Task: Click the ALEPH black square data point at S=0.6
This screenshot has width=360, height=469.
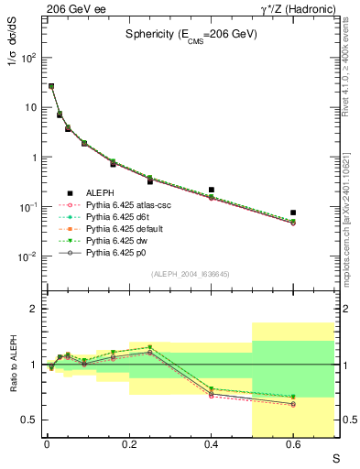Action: pos(293,213)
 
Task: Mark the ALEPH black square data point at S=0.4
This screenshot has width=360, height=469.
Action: pos(211,190)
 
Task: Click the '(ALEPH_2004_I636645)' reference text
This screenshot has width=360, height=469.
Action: pos(190,275)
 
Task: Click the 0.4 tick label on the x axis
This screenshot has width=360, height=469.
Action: pos(211,445)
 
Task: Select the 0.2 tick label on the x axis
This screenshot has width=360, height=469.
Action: pos(128,445)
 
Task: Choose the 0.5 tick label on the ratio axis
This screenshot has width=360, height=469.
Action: pos(30,420)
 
